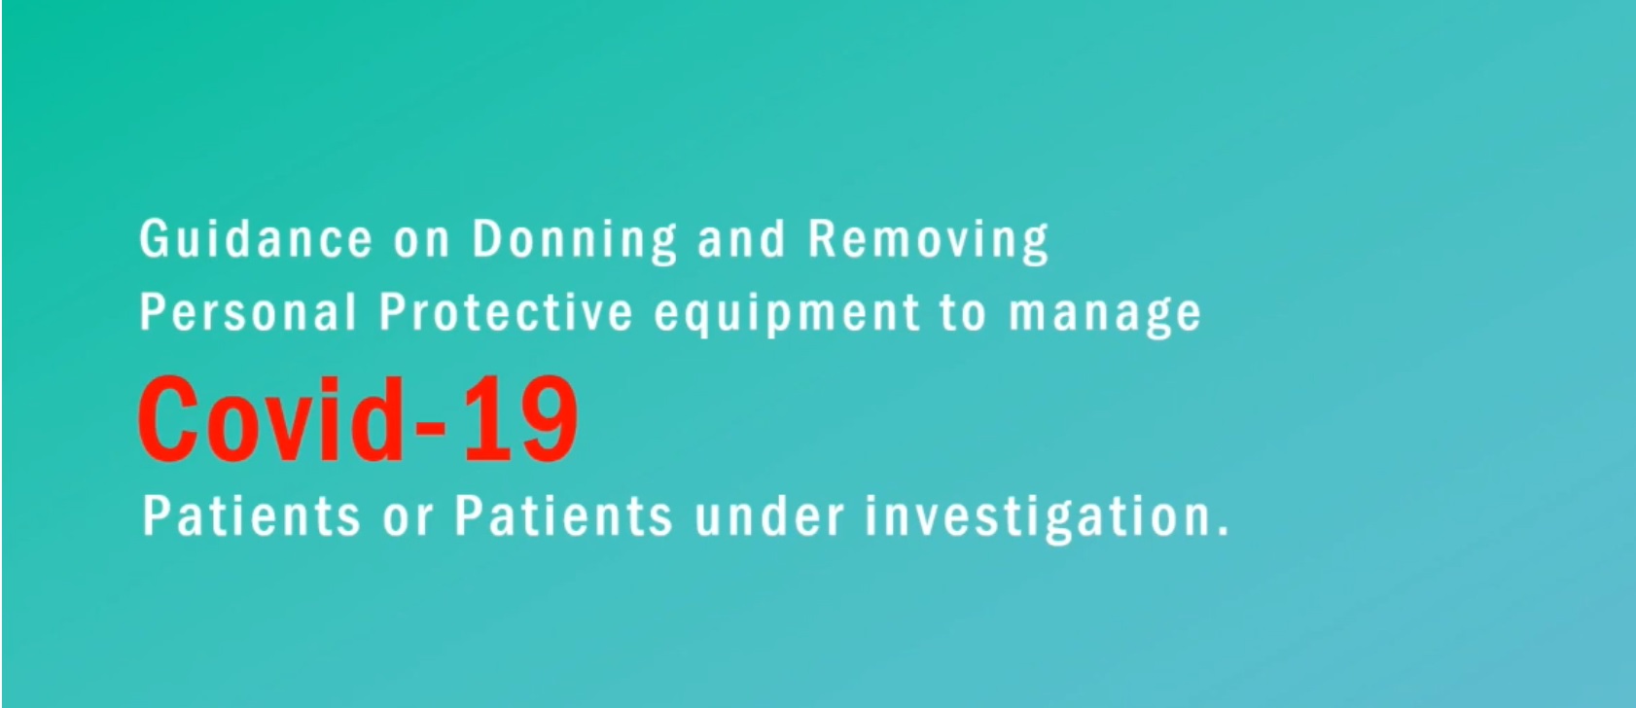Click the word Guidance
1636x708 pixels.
(x=256, y=238)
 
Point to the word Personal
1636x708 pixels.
(x=248, y=311)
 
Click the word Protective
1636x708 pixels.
(x=506, y=311)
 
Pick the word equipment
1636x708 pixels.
(x=787, y=314)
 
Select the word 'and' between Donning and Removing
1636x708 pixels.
(x=741, y=238)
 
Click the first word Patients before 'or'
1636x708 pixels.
(x=251, y=516)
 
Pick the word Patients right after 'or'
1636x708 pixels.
(x=563, y=516)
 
